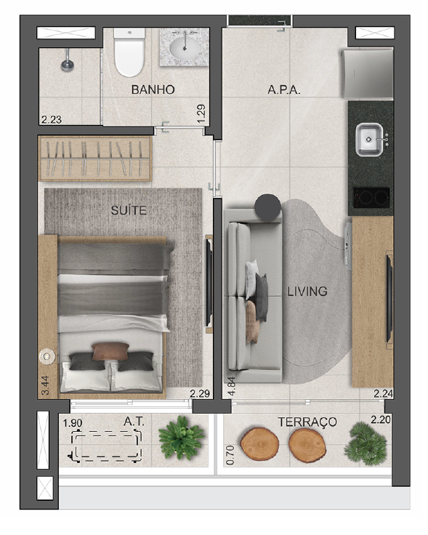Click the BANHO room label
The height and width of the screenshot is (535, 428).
[x=153, y=89]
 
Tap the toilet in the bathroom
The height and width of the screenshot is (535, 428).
[x=129, y=52]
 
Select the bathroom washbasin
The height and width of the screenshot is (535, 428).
[x=185, y=48]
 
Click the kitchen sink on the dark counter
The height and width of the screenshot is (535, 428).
[x=369, y=140]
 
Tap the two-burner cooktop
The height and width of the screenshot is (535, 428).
[x=371, y=198]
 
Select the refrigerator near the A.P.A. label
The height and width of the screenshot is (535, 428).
[x=368, y=73]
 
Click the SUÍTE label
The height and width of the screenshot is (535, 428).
[x=129, y=210]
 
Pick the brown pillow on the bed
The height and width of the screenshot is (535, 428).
[x=110, y=351]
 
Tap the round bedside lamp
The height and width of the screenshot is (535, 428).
[x=47, y=357]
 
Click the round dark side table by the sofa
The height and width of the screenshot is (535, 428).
[x=267, y=206]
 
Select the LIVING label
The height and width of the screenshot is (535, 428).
[x=307, y=291]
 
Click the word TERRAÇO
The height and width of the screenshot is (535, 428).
[x=307, y=422]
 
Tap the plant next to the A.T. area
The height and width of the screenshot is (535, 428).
[x=182, y=438]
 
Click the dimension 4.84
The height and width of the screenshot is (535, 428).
[x=232, y=386]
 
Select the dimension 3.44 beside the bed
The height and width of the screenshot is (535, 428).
[x=45, y=385]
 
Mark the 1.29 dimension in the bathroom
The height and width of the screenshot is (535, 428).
[x=201, y=114]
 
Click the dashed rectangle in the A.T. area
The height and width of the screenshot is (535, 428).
[x=106, y=446]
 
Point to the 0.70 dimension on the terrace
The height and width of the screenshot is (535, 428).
[x=230, y=455]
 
